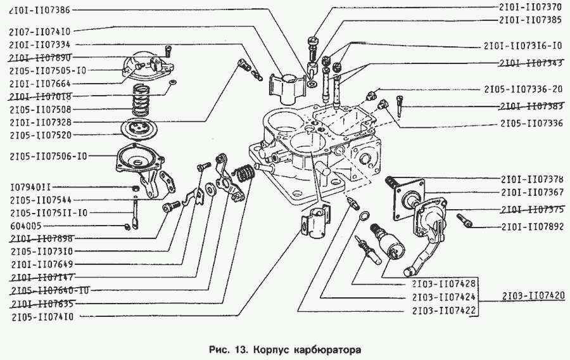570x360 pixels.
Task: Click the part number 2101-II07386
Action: [x=40, y=11]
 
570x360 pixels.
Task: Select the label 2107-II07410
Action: [x=40, y=30]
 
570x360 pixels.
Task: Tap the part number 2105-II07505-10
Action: [x=47, y=70]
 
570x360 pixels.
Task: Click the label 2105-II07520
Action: [x=40, y=135]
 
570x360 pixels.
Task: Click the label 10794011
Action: [x=30, y=188]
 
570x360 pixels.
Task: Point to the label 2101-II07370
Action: [x=530, y=7]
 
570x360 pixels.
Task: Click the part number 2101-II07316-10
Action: [x=522, y=46]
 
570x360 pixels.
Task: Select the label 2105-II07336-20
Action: [x=522, y=90]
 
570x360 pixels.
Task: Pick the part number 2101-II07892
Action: [x=530, y=226]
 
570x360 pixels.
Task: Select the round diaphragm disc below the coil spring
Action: [x=137, y=127]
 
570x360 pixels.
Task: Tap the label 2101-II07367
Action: [x=530, y=193]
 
